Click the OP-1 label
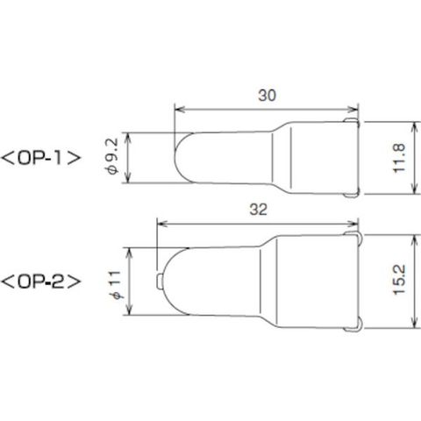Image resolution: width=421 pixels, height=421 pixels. pyautogui.click(x=40, y=158)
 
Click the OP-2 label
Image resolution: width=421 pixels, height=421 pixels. pyautogui.click(x=40, y=282)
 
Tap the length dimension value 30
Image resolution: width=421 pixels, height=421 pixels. pyautogui.click(x=267, y=96)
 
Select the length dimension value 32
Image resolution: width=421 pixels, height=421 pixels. pyautogui.click(x=259, y=210)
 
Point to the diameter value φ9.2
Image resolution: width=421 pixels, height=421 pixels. pyautogui.click(x=113, y=157)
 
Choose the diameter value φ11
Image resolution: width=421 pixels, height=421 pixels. pyautogui.click(x=116, y=285)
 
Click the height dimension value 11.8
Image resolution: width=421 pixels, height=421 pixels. pyautogui.click(x=400, y=158)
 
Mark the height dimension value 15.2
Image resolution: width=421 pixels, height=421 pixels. pyautogui.click(x=400, y=280)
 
